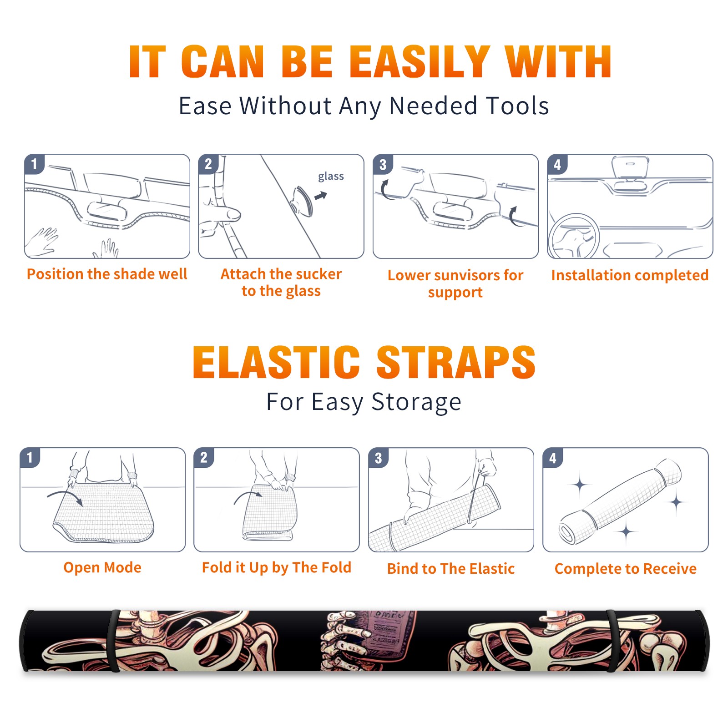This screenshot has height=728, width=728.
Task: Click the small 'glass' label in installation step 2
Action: point(331,177)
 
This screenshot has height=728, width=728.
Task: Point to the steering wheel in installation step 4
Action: point(573,237)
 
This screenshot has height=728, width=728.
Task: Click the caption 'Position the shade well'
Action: point(107,274)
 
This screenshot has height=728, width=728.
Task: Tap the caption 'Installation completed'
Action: point(630,275)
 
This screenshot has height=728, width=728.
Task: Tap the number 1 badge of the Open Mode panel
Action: point(30,457)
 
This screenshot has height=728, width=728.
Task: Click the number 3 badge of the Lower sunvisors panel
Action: point(383,164)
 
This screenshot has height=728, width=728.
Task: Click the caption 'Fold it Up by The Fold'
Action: point(277,567)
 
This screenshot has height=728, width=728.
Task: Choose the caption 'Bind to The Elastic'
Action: point(451,568)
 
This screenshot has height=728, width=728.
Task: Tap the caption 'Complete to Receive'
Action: point(626,568)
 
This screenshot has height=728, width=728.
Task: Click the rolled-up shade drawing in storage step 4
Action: point(620,501)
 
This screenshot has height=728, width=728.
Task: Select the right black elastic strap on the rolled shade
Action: point(612,641)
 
